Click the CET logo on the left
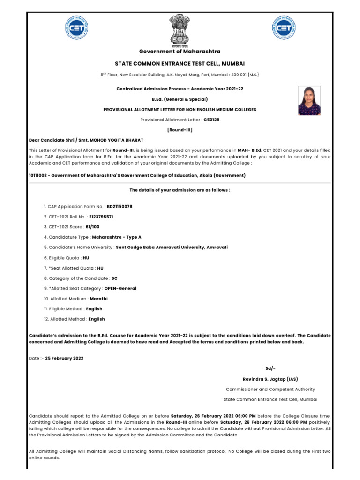coord(77,29)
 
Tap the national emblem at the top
coord(180,30)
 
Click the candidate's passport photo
coord(309,100)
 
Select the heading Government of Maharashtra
coord(180,51)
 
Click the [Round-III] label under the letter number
coord(180,129)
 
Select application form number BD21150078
coord(120,206)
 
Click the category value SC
coord(114,278)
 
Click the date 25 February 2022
coord(65,358)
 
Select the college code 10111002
coord(38,175)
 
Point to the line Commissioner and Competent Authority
coord(270,389)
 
